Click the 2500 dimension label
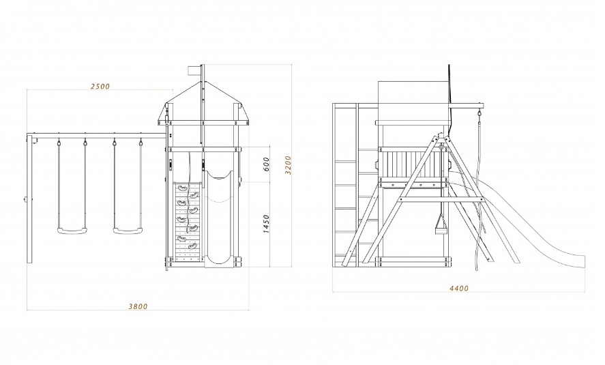(x=100, y=87)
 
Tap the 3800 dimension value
(x=138, y=306)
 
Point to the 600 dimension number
(x=267, y=164)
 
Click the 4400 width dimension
(x=458, y=289)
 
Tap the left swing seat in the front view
(x=73, y=231)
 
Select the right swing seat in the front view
(x=128, y=231)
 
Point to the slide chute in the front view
(x=220, y=218)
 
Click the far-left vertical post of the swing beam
(x=30, y=198)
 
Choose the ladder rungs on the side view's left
(x=346, y=184)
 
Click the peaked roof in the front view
(x=203, y=99)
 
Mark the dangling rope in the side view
(x=482, y=198)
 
